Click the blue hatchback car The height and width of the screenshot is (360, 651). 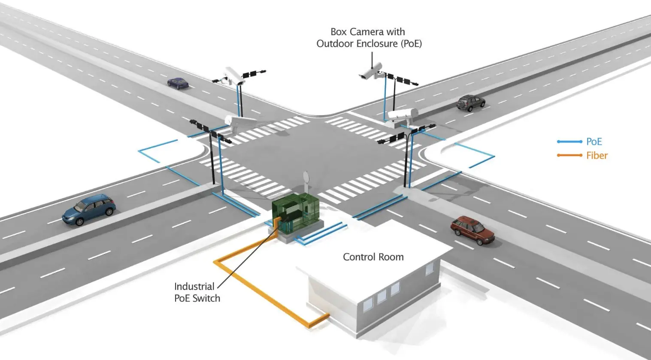(x=89, y=209)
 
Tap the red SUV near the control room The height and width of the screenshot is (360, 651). (x=472, y=230)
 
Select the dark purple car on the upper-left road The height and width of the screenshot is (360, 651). (x=178, y=83)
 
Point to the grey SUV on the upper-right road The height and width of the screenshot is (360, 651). (x=471, y=103)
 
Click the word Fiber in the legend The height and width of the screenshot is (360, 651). (x=597, y=156)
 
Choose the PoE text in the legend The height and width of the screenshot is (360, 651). (x=594, y=142)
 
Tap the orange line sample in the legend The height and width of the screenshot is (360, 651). (x=569, y=155)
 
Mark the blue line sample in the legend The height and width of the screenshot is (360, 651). (x=569, y=142)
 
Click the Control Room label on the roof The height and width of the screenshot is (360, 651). (x=373, y=257)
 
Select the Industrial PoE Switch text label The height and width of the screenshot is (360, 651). (x=197, y=292)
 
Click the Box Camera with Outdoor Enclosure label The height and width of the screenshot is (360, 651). (x=369, y=37)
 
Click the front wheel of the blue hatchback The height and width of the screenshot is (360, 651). (x=79, y=222)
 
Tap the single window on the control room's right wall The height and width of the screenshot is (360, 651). (x=430, y=268)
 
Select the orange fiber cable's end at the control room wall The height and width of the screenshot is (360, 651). (x=328, y=315)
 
